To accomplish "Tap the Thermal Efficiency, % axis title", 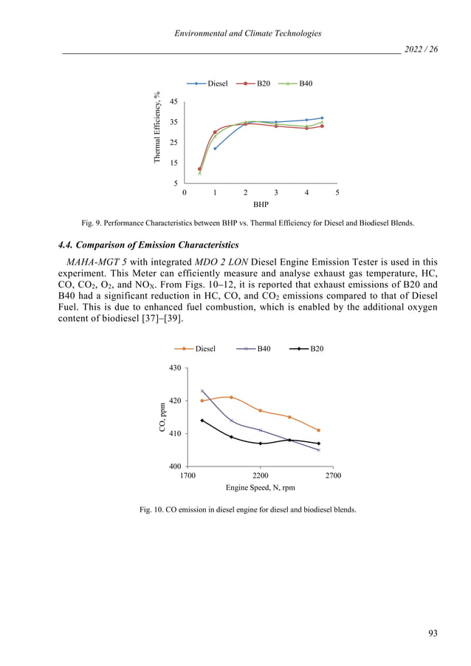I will click(157, 128).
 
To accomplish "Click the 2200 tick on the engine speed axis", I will click(261, 477).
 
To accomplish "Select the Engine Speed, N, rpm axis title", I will click(261, 489).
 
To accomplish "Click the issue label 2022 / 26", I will click(423, 49).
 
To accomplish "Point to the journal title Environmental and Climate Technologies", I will click(244, 33).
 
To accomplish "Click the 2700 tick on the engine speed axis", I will click(334, 477).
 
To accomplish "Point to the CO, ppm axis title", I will click(162, 416).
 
